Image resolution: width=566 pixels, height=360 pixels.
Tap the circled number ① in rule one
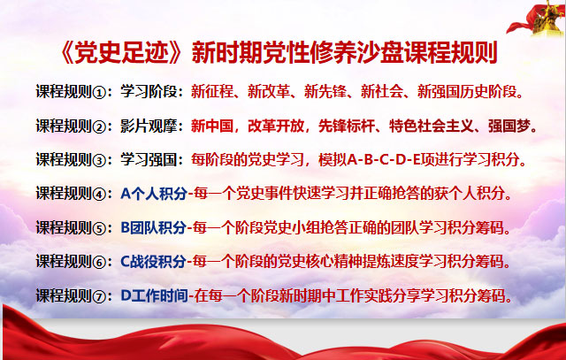pos(99,93)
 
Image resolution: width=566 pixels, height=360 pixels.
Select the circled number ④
pos(99,195)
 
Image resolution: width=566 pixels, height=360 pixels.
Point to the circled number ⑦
pos(99,296)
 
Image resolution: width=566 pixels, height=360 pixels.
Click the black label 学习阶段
pos(149,91)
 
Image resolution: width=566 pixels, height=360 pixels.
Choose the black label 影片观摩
pos(149,126)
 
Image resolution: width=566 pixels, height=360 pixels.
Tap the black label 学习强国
pos(149,159)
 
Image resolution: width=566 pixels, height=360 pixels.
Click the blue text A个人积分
pos(154,194)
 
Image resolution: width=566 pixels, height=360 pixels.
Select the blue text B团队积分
pos(153,228)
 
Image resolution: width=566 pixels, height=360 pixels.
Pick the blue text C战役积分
pos(153,262)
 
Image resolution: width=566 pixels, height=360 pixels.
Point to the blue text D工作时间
pos(154,295)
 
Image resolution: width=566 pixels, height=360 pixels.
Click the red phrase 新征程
pos(212,91)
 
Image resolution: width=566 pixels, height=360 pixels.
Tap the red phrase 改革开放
pos(276,126)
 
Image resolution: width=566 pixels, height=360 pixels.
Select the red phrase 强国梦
pos(509,126)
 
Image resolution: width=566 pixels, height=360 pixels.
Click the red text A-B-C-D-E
pos(384,159)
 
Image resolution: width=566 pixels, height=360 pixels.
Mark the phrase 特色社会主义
pos(432,126)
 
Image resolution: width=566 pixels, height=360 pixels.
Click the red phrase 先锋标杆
pos(347,126)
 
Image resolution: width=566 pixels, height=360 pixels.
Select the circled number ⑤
pos(99,228)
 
